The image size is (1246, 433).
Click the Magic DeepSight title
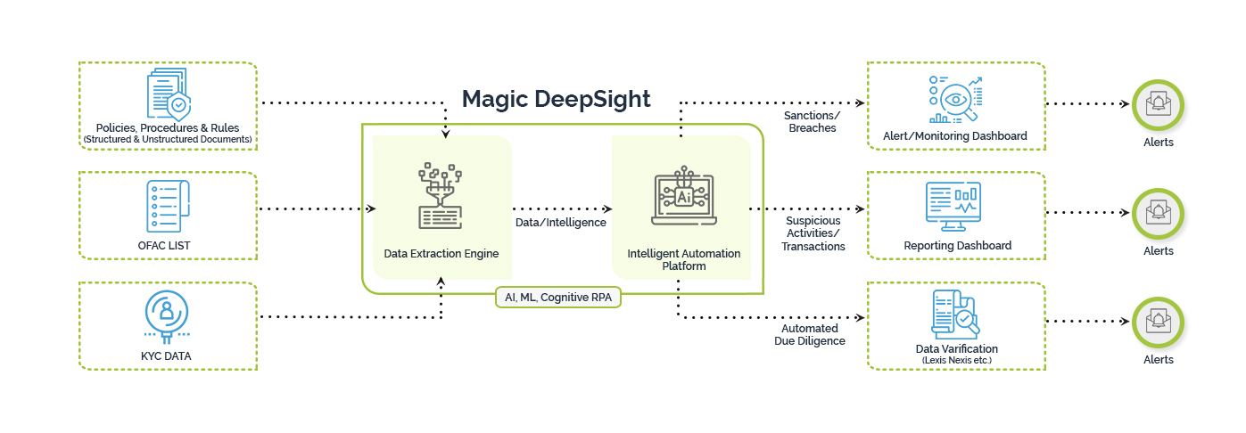pyautogui.click(x=556, y=99)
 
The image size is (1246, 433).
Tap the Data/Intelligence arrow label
pyautogui.click(x=561, y=223)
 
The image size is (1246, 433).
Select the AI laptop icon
pyautogui.click(x=684, y=196)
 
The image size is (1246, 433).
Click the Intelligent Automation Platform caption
pyautogui.click(x=684, y=259)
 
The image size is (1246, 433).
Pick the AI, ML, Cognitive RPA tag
pyautogui.click(x=558, y=298)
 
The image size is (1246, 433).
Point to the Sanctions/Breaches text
pyautogui.click(x=812, y=122)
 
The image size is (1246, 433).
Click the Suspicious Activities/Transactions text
pyautogui.click(x=813, y=233)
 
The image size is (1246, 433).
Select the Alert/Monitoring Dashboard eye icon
pyautogui.click(x=956, y=99)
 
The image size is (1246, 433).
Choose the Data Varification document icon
pyautogui.click(x=954, y=315)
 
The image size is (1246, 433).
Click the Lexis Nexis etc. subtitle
pyautogui.click(x=957, y=359)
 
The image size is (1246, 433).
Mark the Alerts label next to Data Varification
pyautogui.click(x=1158, y=359)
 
